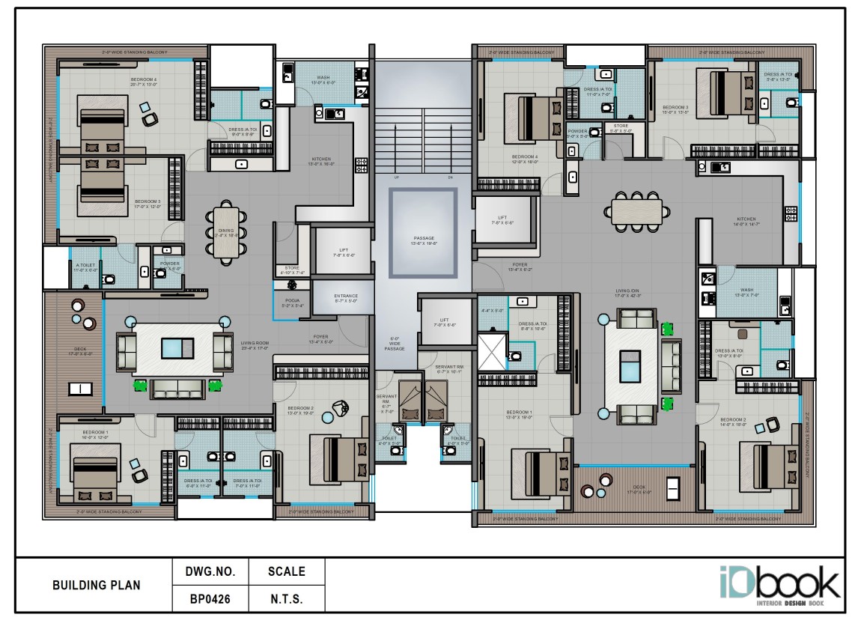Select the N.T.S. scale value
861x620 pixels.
click(x=286, y=599)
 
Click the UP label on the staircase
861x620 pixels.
click(x=396, y=177)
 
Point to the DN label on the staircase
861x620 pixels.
click(x=450, y=177)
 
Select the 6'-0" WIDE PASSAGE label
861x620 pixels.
click(x=395, y=344)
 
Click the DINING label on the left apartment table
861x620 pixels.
click(x=225, y=232)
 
